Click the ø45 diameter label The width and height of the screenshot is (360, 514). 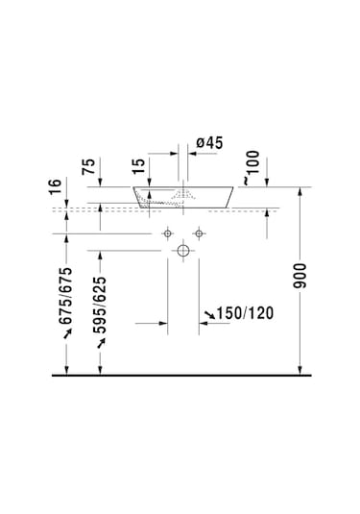tap(209, 143)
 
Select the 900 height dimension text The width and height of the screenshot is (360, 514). tap(302, 278)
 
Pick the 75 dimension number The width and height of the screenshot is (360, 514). tap(88, 165)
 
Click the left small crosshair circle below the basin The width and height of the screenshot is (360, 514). tap(166, 233)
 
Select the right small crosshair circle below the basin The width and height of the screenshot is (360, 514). tap(199, 233)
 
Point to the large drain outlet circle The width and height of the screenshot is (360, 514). tap(182, 251)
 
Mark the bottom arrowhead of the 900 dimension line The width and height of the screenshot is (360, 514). tap(302, 369)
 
